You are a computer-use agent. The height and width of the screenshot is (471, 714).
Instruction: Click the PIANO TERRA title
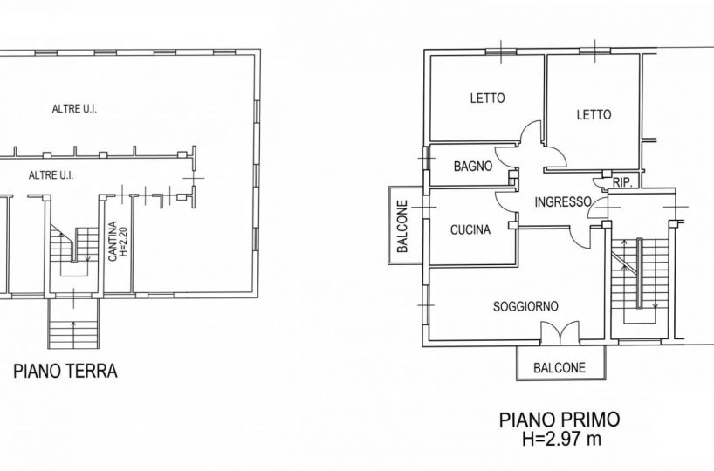click(x=65, y=371)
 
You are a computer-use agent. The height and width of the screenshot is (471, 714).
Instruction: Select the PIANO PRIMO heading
click(x=560, y=420)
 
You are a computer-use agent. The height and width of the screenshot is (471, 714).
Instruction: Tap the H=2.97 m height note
click(x=561, y=439)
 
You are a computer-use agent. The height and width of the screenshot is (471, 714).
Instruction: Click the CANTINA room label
click(x=113, y=242)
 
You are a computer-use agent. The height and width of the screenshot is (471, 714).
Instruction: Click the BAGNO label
click(x=473, y=167)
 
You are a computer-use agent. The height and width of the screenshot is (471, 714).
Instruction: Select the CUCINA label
click(x=470, y=229)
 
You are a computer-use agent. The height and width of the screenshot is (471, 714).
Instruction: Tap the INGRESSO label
click(x=563, y=201)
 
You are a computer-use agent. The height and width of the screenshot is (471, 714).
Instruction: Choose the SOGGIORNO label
click(x=525, y=306)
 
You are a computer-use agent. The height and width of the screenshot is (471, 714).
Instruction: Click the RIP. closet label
click(x=622, y=183)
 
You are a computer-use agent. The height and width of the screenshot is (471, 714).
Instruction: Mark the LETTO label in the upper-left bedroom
click(x=487, y=98)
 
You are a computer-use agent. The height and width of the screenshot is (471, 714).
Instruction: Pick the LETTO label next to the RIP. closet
click(x=594, y=114)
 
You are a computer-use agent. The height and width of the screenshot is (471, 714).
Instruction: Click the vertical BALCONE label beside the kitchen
click(x=402, y=227)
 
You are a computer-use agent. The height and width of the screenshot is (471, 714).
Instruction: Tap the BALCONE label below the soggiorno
click(x=560, y=367)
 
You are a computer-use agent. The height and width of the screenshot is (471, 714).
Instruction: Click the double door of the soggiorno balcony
click(x=560, y=332)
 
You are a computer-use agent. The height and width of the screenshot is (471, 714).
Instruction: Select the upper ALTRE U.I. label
click(x=74, y=109)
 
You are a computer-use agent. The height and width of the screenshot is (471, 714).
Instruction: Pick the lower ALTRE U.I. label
click(x=51, y=175)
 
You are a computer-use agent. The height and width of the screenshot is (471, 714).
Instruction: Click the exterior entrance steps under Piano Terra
click(x=74, y=324)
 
